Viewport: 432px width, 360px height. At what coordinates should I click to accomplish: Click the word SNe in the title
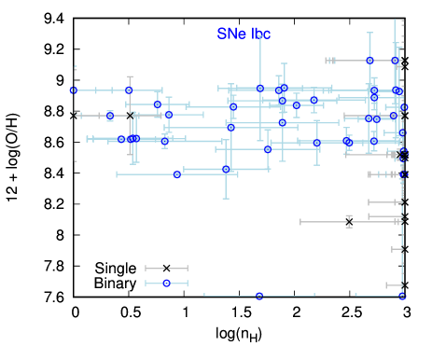(230, 34)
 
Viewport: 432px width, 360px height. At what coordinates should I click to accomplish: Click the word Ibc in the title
(259, 34)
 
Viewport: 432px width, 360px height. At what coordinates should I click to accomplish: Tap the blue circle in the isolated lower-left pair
(167, 283)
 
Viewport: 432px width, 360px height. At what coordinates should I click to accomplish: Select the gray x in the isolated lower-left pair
(167, 269)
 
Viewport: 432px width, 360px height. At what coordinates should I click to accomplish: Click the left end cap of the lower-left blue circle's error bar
(146, 283)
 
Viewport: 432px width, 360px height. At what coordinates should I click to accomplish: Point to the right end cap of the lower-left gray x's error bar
(187, 269)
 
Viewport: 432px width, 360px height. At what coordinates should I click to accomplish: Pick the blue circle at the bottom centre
(259, 296)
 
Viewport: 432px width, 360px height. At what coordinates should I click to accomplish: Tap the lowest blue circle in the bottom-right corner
(402, 296)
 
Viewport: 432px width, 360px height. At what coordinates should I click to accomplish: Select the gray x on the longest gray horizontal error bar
(349, 222)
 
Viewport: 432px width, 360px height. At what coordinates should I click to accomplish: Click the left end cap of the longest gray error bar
(300, 222)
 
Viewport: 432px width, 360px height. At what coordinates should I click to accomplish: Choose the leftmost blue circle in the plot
(74, 90)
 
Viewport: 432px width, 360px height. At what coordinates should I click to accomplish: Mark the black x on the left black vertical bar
(74, 116)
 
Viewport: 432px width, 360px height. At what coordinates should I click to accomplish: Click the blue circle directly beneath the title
(260, 89)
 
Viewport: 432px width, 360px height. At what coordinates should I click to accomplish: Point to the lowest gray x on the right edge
(405, 285)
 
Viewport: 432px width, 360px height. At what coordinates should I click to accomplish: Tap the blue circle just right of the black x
(110, 116)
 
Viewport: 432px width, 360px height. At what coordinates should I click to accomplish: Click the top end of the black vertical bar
(75, 67)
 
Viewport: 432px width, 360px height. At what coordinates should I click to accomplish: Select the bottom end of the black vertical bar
(75, 160)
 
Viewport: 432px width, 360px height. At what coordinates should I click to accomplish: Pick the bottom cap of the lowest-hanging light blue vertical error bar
(226, 198)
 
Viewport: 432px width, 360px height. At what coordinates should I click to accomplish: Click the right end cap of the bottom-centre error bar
(314, 296)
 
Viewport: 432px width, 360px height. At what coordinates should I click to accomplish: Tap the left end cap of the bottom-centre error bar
(205, 296)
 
